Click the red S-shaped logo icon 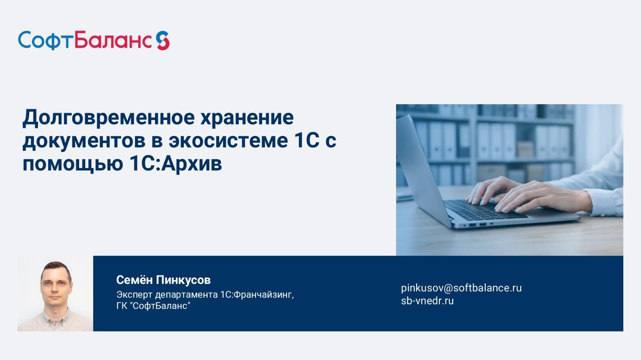coord(163,41)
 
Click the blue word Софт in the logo coord(45,41)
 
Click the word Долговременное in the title coord(109,118)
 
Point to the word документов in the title coord(84,141)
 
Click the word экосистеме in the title coord(228,141)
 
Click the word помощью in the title coord(73,164)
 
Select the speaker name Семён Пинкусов coord(163,280)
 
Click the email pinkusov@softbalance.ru coord(461,288)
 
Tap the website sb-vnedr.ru coord(427,301)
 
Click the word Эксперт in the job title coord(134,295)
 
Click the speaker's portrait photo coord(55,294)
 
